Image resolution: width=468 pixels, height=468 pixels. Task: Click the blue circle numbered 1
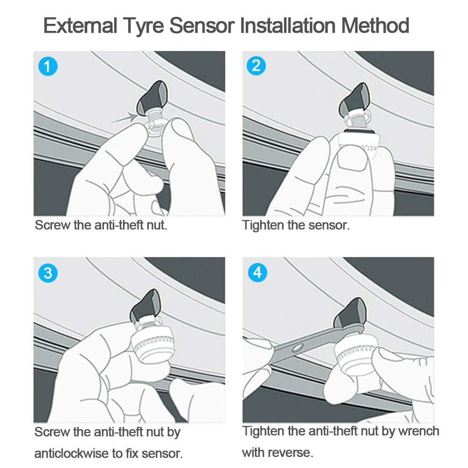(48, 66)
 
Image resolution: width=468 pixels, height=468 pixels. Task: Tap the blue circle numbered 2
(256, 66)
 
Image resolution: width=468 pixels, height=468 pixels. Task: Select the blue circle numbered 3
(48, 273)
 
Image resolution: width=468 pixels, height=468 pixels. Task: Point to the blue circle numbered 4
(257, 272)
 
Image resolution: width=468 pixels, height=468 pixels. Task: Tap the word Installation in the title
(288, 25)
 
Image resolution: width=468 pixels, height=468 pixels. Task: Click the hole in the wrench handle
(297, 348)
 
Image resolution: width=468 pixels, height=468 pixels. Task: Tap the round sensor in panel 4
(355, 355)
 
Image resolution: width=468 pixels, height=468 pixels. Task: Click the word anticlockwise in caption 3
(71, 453)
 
